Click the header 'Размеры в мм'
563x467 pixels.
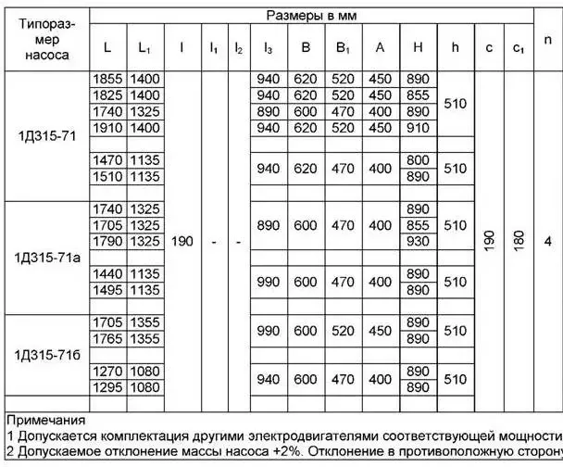312,16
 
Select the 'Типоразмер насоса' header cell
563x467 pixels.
43,41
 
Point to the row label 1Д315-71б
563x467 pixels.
46,356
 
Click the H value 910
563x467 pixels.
419,128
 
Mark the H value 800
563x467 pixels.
419,160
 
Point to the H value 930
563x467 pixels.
419,241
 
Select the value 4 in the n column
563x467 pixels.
548,241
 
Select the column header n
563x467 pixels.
548,41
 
